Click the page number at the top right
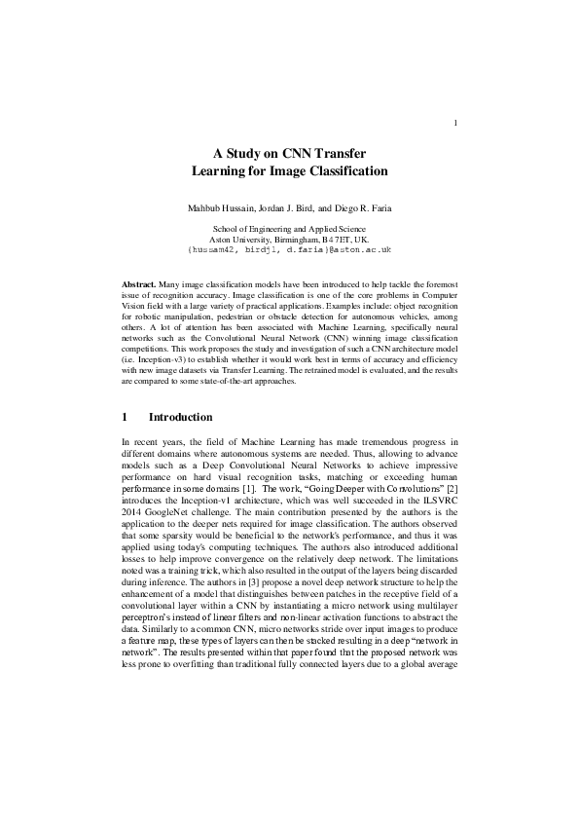coord(455,123)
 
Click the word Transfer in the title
coord(340,154)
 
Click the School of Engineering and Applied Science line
coord(289,229)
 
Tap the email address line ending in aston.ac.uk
coord(289,250)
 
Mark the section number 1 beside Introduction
coord(124,418)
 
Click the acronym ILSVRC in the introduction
coord(437,496)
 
